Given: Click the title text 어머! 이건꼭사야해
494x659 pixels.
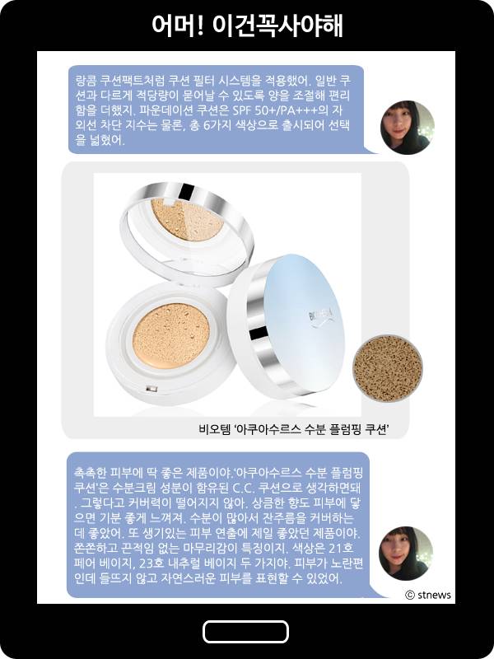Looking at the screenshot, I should tap(247, 26).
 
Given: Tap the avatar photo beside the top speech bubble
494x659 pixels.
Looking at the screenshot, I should tap(407, 128).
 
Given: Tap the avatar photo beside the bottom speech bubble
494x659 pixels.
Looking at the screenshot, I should tap(406, 553).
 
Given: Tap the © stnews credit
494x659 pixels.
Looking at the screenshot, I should tap(428, 595).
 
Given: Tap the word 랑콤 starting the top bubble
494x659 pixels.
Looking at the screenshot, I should tap(86, 81).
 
